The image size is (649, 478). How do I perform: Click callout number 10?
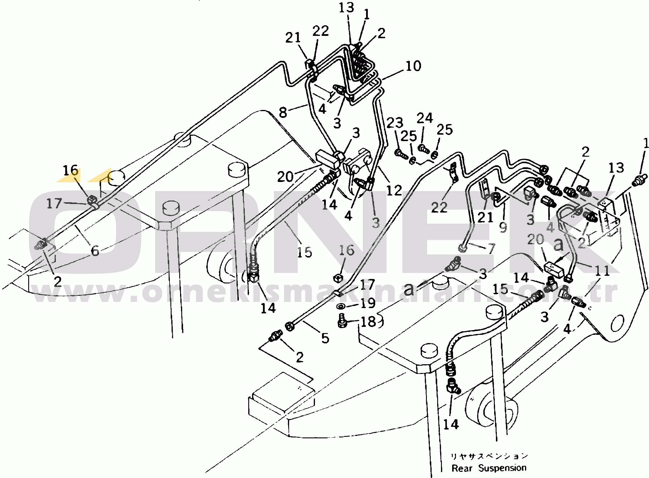413,66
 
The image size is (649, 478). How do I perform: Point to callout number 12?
394,190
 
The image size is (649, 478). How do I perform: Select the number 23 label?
395,123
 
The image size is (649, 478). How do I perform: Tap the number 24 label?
425,118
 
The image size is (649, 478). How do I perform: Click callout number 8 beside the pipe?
283,112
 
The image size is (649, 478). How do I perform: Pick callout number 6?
95,251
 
